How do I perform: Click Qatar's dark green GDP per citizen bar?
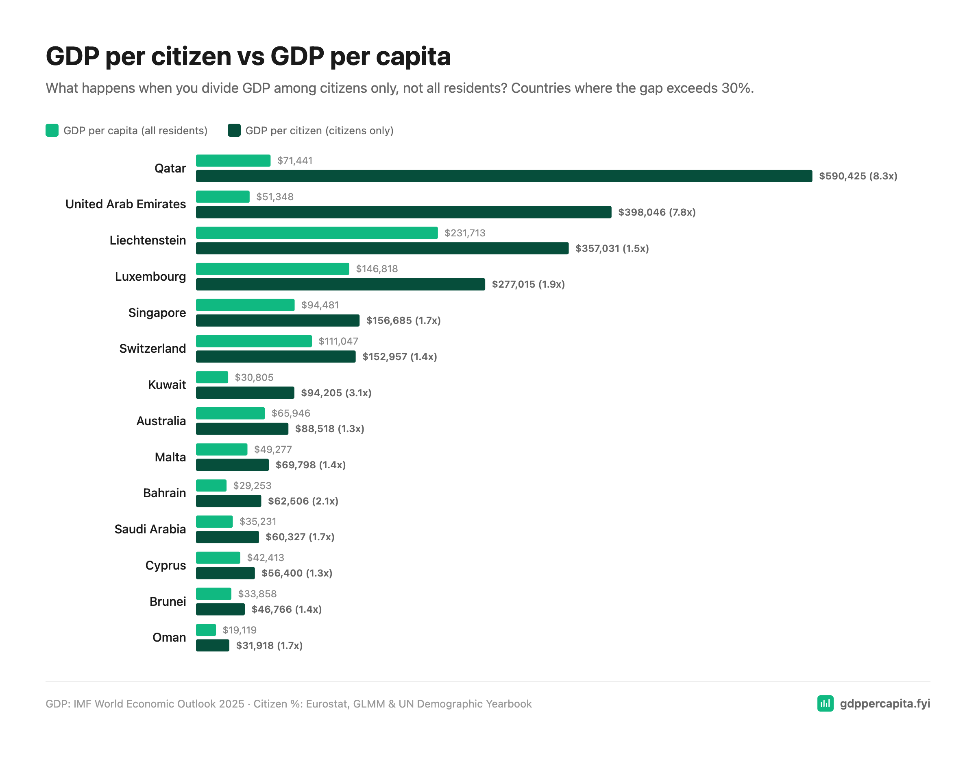coord(503,176)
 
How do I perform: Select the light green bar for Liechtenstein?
coord(316,233)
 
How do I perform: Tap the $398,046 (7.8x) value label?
coord(656,212)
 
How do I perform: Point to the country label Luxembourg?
coord(150,276)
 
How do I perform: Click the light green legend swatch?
coord(52,131)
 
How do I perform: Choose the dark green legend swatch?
coord(234,131)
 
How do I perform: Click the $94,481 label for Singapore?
coord(320,305)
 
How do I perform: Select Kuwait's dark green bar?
coord(245,393)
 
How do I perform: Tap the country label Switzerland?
coord(152,348)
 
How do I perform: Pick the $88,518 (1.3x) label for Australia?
coord(329,429)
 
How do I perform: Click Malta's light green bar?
coord(221,449)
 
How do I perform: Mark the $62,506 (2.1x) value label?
coord(303,501)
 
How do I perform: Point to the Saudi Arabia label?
coord(150,529)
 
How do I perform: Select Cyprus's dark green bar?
coord(225,573)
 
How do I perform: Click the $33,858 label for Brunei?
coord(257,594)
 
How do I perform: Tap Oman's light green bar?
coord(205,630)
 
